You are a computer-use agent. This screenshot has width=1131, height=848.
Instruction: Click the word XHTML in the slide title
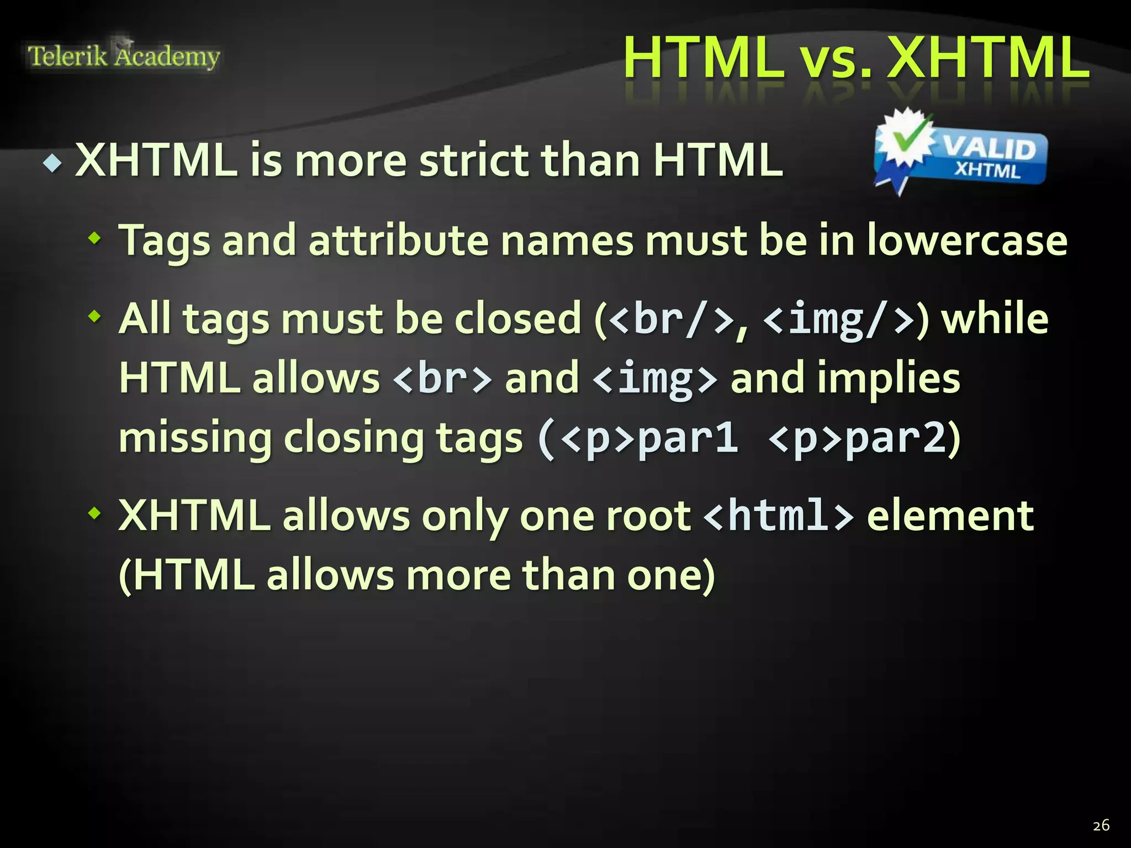pyautogui.click(x=988, y=58)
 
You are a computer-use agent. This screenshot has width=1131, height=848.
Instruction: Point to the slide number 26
pyautogui.click(x=1101, y=825)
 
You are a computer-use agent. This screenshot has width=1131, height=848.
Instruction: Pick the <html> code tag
pyautogui.click(x=779, y=516)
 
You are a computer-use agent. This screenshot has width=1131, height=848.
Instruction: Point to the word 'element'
pyautogui.click(x=950, y=516)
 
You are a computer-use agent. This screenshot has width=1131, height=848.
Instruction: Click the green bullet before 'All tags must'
pyautogui.click(x=95, y=317)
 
